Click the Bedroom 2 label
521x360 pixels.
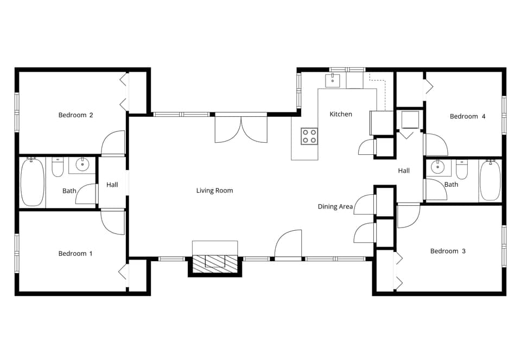(75, 115)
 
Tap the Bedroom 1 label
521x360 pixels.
(75, 254)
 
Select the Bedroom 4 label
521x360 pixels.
(467, 116)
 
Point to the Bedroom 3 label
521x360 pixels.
(448, 251)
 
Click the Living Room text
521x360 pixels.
(214, 191)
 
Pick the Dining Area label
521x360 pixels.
(335, 206)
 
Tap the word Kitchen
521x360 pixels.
(341, 114)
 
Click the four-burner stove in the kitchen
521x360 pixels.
(309, 136)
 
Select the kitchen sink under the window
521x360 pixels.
(332, 81)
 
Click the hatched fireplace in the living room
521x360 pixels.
(215, 264)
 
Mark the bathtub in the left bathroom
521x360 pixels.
(33, 182)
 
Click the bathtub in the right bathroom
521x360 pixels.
(490, 180)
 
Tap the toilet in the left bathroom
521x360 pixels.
(58, 167)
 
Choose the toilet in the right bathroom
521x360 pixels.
(462, 170)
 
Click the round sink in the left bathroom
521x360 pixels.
(82, 165)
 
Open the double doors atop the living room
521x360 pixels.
(241, 130)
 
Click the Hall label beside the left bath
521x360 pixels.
(112, 185)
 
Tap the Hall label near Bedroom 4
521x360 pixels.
(404, 170)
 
